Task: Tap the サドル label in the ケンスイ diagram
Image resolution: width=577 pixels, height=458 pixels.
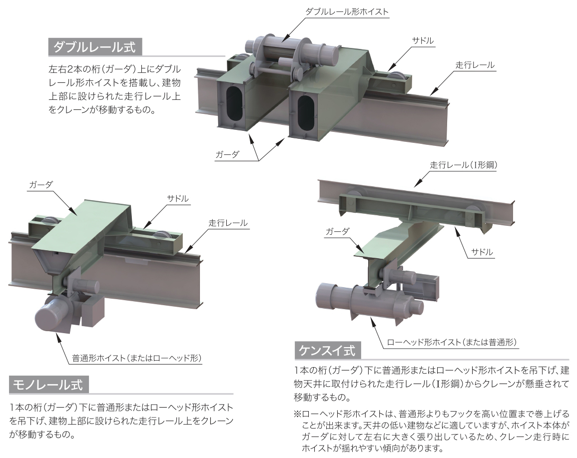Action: pos(482,252)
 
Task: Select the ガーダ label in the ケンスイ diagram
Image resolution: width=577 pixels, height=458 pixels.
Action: pos(337,232)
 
